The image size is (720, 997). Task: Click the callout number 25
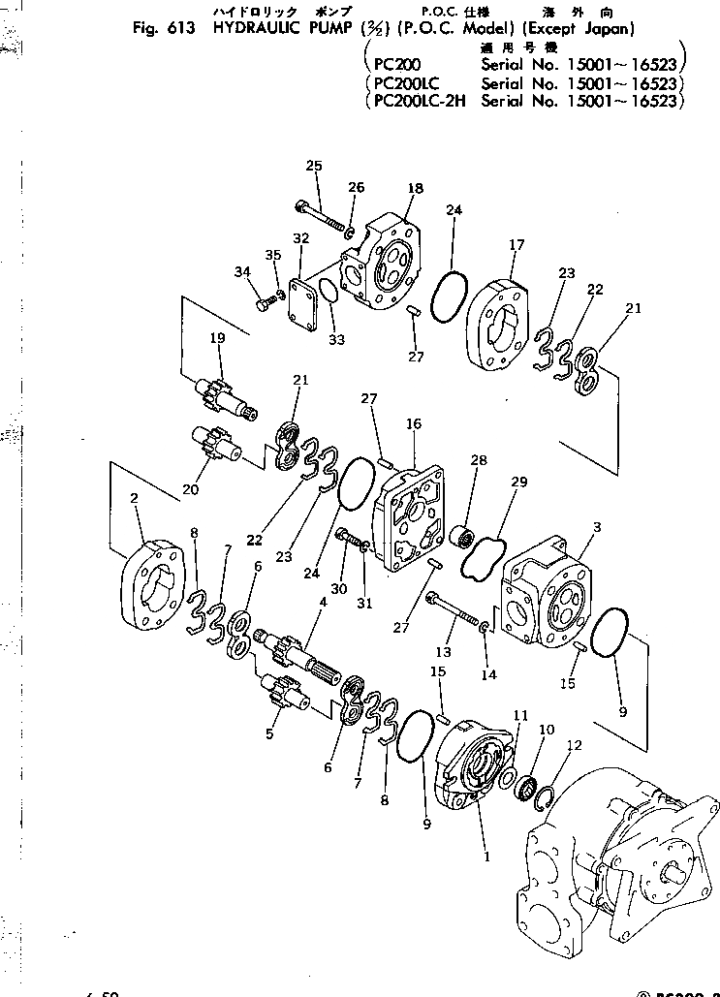point(313,166)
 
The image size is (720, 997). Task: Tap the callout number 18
point(416,188)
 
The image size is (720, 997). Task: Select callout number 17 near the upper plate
point(517,245)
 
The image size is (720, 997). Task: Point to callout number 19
point(217,339)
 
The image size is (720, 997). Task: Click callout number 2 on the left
point(134,498)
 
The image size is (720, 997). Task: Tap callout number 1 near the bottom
point(485,857)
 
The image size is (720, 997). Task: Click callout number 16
point(414,424)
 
